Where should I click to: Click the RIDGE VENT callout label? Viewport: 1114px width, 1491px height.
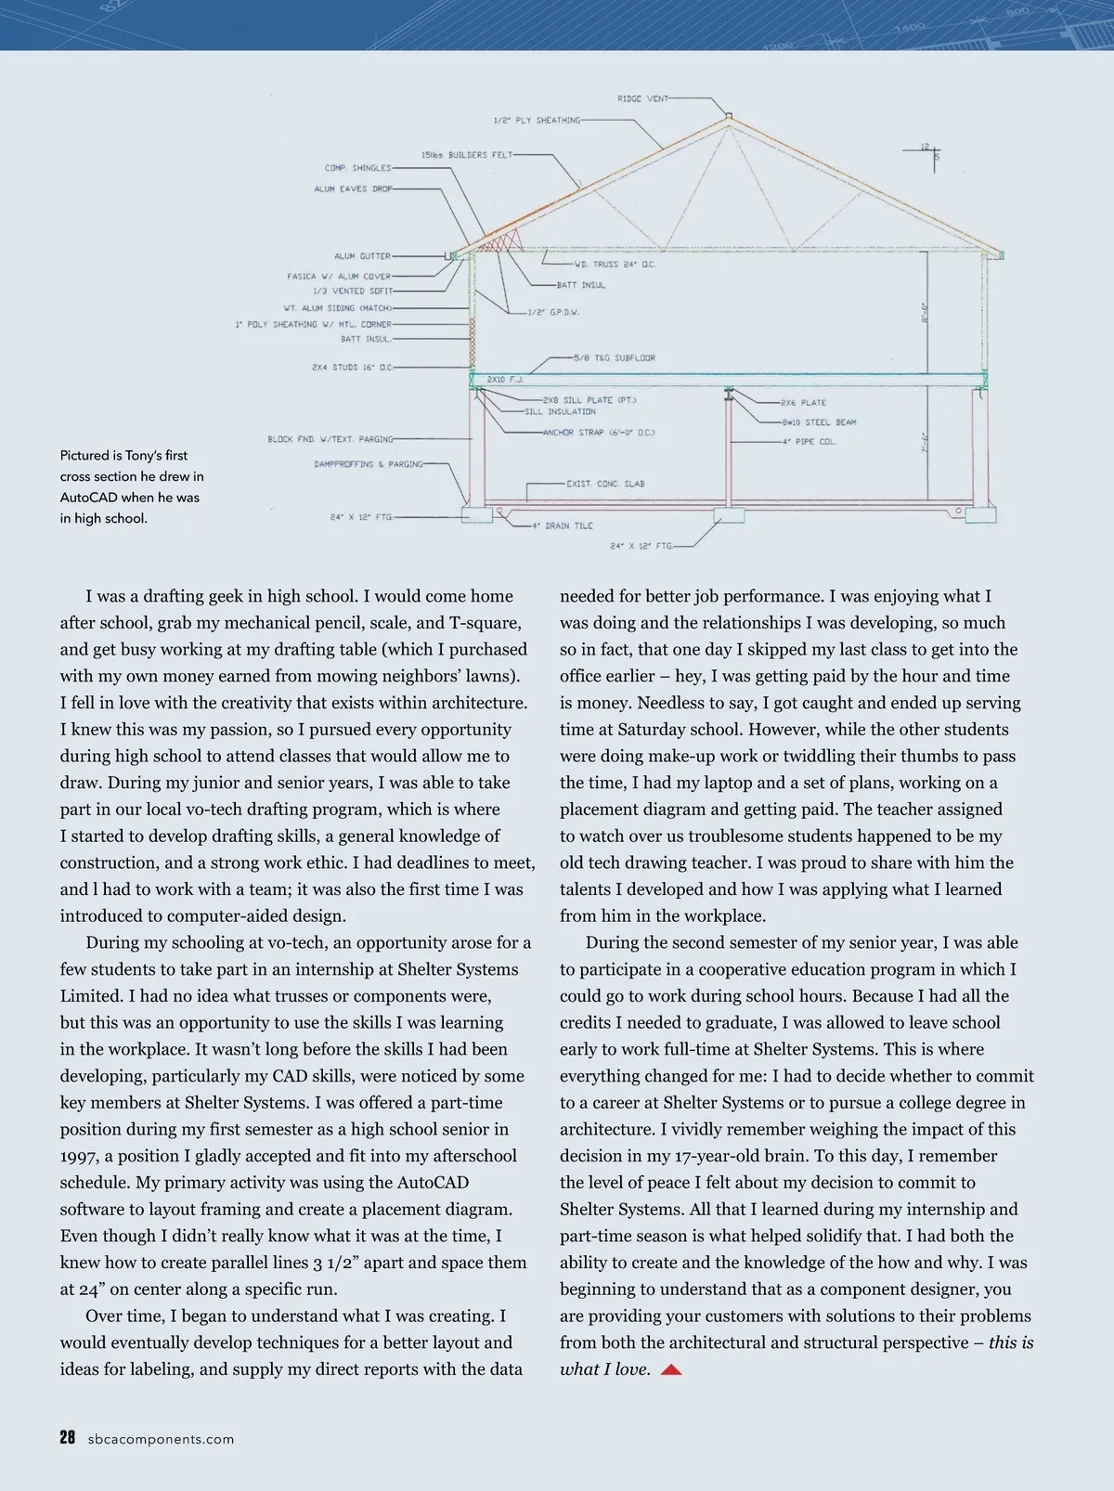[642, 98]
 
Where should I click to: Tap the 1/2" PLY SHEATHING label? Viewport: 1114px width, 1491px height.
[537, 120]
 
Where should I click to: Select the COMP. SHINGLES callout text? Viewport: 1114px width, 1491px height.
[357, 168]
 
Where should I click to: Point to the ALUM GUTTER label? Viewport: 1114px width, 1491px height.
[362, 256]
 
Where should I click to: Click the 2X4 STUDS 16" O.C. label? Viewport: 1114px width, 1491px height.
[352, 368]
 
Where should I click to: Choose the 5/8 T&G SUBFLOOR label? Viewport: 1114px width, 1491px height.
[615, 357]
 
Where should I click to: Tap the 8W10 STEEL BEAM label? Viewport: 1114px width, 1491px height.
[819, 422]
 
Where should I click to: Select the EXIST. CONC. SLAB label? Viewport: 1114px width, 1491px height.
[605, 484]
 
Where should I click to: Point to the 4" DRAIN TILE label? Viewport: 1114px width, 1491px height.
[562, 525]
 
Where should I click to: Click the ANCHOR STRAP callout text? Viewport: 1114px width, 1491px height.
[599, 433]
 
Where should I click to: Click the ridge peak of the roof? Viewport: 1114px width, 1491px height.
[729, 118]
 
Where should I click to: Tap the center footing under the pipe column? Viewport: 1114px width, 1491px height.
[730, 515]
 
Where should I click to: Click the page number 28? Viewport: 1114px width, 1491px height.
[67, 1438]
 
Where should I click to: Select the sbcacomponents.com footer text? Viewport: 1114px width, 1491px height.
[161, 1439]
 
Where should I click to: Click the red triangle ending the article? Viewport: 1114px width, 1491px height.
[671, 1370]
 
